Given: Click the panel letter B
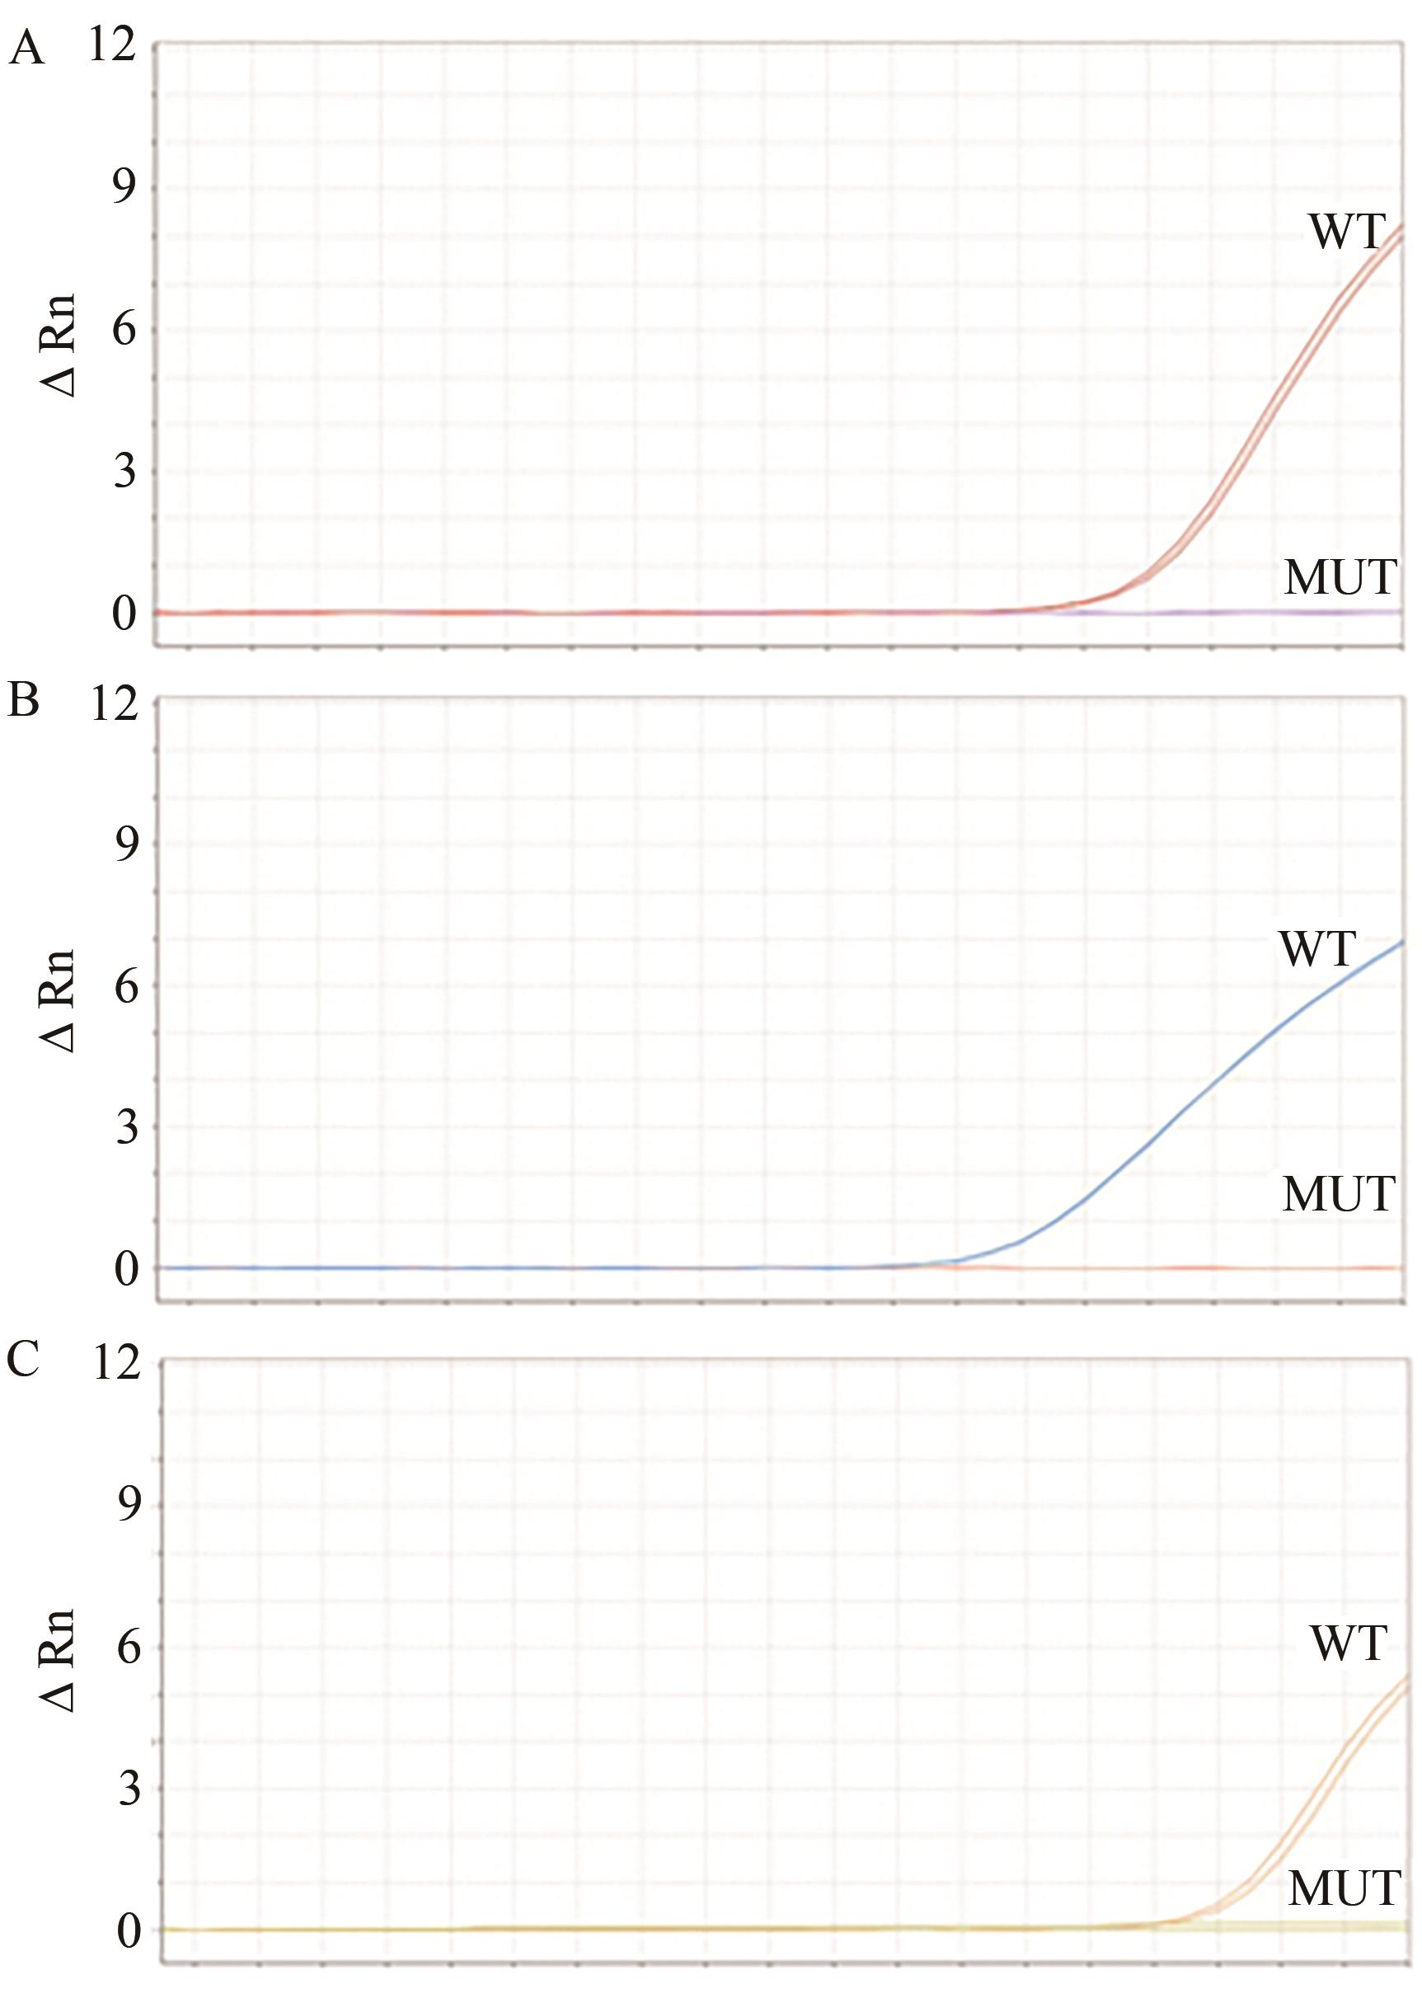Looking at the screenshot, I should pos(24,703).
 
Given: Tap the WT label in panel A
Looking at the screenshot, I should pos(1347,232).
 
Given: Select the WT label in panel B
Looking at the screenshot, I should pos(1317,948).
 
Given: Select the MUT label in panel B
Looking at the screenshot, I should pos(1338,1194).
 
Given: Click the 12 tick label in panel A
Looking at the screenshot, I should pos(113,45).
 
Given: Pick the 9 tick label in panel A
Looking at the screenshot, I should pos(124,187).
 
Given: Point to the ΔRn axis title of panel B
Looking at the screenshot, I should pos(60,1000).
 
